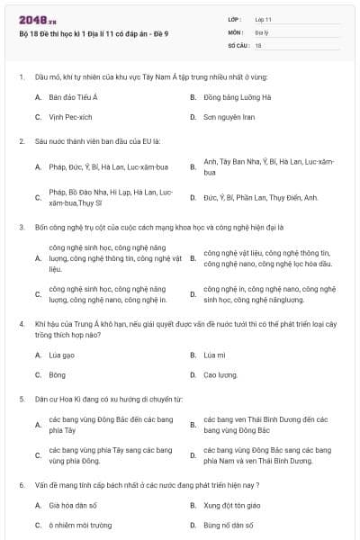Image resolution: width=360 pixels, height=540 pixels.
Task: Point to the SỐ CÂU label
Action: coord(237,44)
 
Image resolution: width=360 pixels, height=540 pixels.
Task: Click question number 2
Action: coord(21,141)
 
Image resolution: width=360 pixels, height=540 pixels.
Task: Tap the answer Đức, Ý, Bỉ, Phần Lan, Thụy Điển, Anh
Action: coord(261,197)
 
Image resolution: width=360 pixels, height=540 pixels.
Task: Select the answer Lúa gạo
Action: coord(61,355)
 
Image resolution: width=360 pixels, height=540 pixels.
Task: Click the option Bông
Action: coord(58,374)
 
